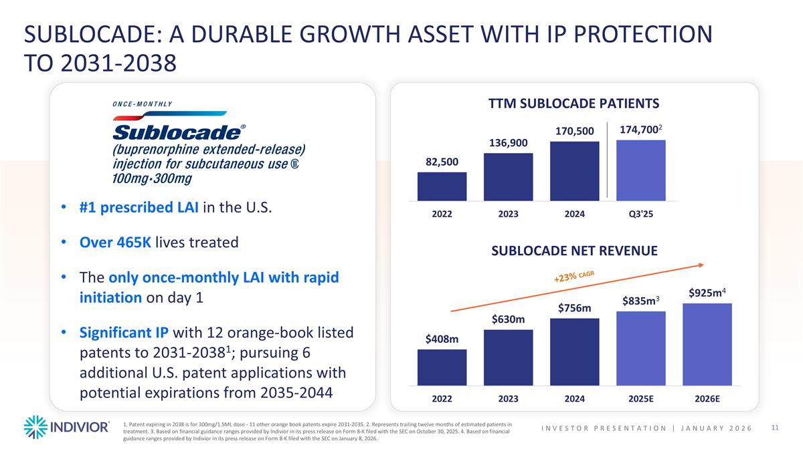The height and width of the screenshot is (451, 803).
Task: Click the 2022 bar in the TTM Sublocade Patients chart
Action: [442, 186]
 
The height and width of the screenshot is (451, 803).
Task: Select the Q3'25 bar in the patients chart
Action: [641, 170]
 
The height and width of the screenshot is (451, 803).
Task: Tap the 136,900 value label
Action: [508, 144]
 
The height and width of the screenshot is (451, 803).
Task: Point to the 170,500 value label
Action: [575, 132]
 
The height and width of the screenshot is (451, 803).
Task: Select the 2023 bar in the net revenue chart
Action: [508, 357]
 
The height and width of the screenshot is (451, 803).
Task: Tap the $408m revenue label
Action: [442, 339]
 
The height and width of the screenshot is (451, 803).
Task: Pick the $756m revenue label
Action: [575, 308]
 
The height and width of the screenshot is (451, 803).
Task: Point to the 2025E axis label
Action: [641, 399]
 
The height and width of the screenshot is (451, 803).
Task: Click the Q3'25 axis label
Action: [641, 214]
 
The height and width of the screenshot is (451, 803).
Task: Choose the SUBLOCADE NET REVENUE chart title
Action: [575, 251]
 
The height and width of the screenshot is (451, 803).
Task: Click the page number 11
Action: [776, 428]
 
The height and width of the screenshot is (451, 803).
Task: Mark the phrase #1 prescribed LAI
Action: [138, 207]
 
